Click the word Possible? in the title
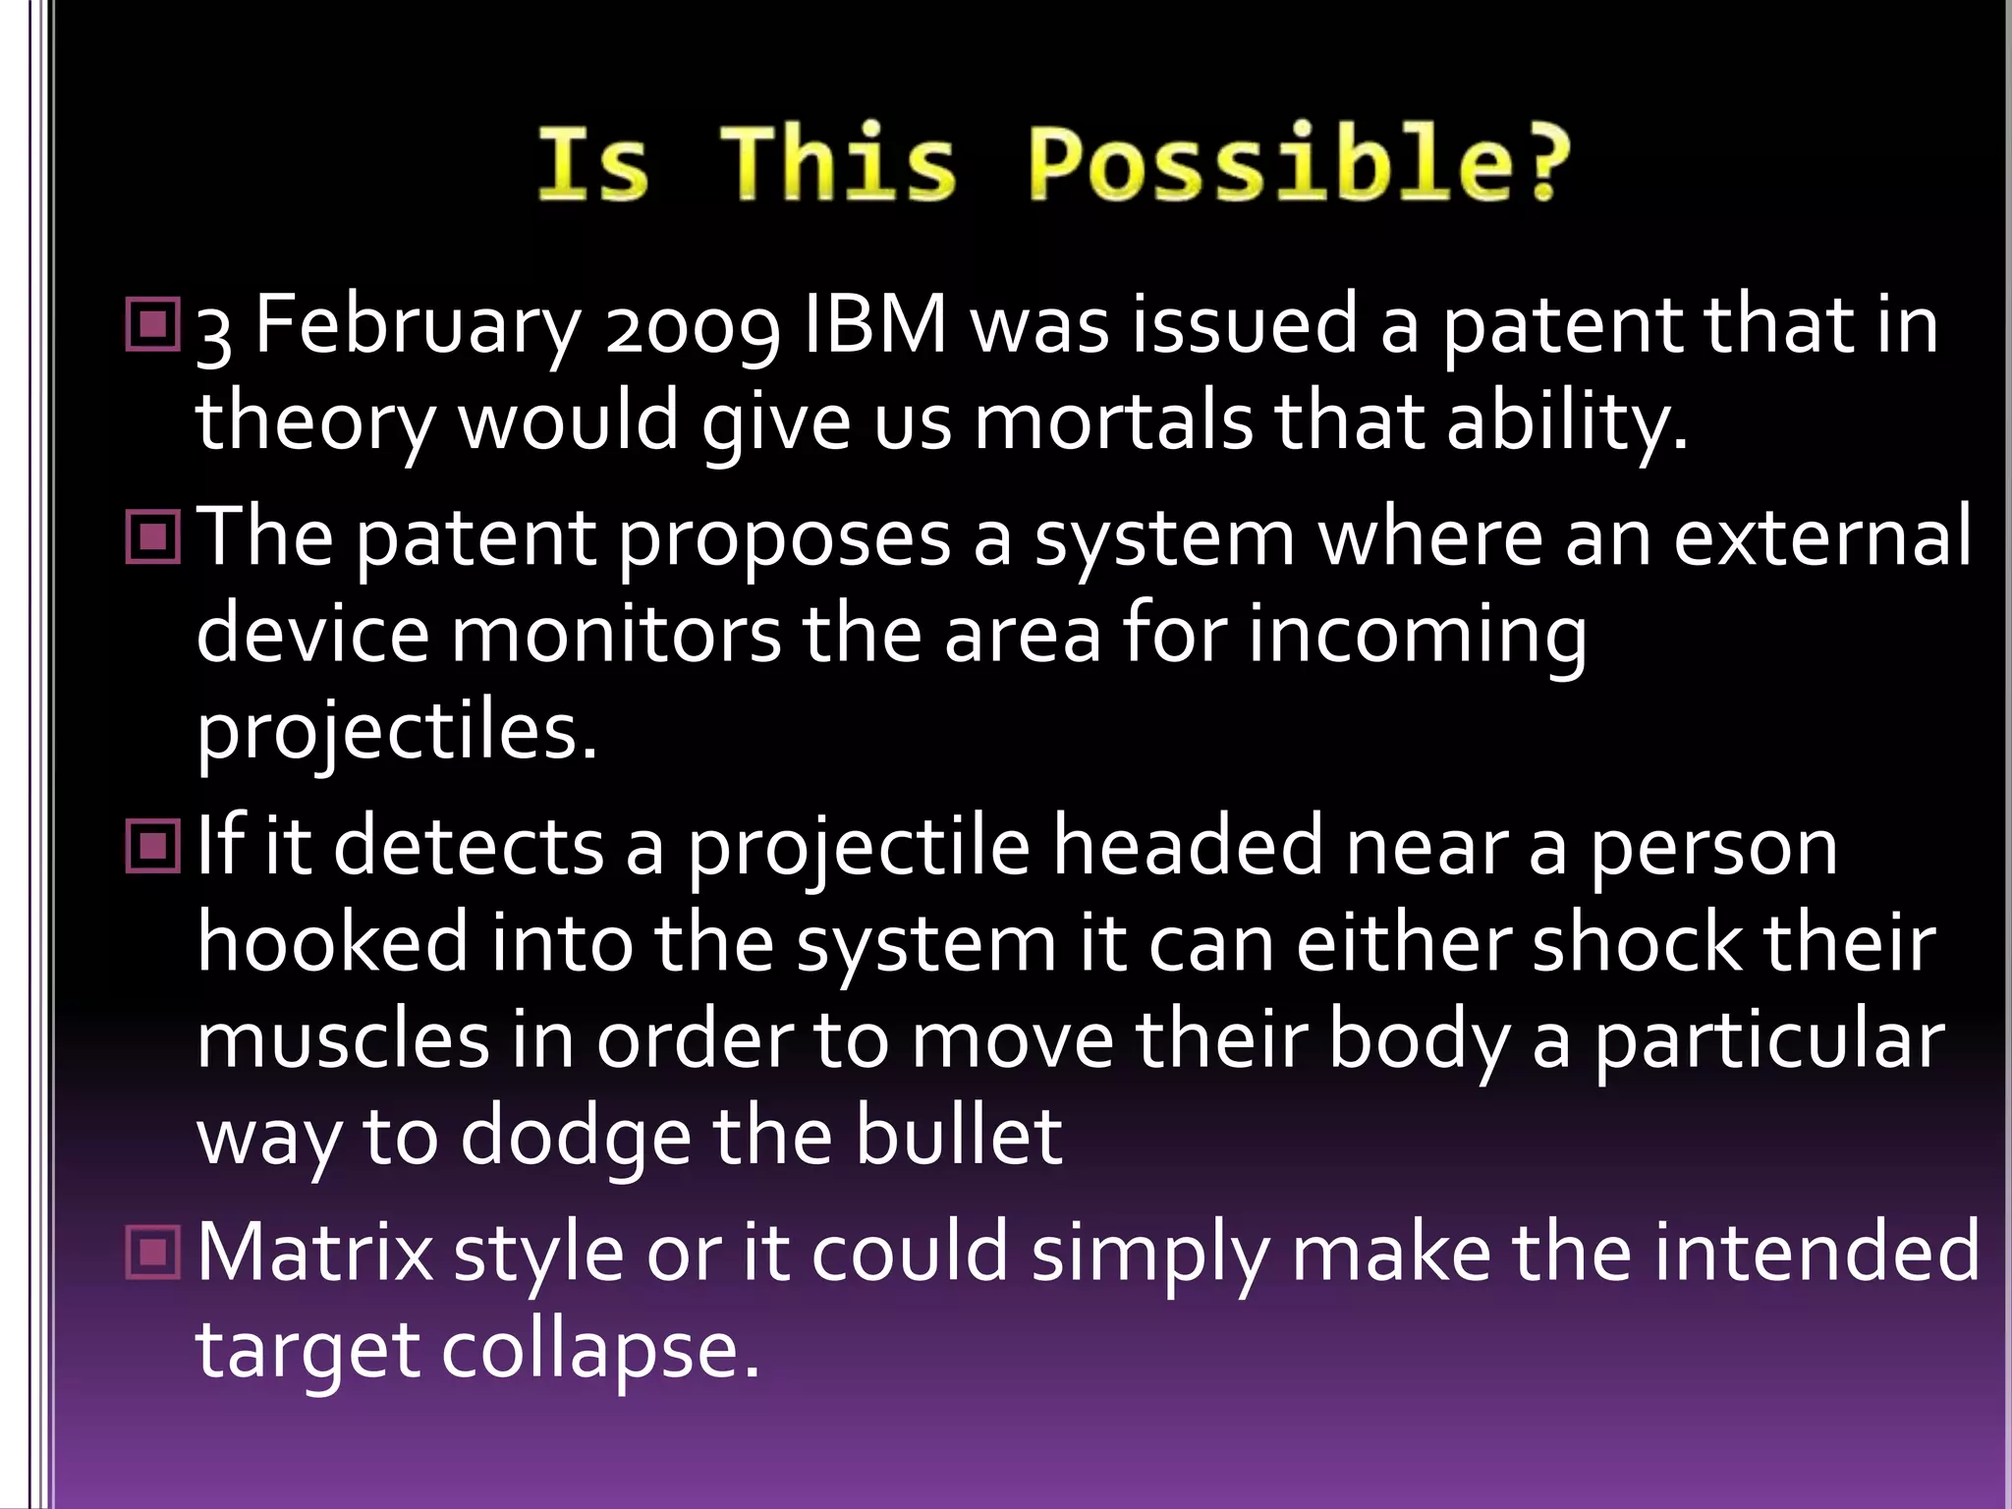click(x=1299, y=164)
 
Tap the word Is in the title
click(x=592, y=164)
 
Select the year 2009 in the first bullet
click(x=693, y=327)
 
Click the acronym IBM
click(x=875, y=325)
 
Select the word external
click(x=1822, y=538)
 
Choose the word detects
click(x=469, y=847)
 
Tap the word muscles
click(x=342, y=1041)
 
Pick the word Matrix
click(x=315, y=1253)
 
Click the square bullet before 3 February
click(x=153, y=325)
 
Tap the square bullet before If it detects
click(x=153, y=846)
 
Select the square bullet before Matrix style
click(x=153, y=1252)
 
